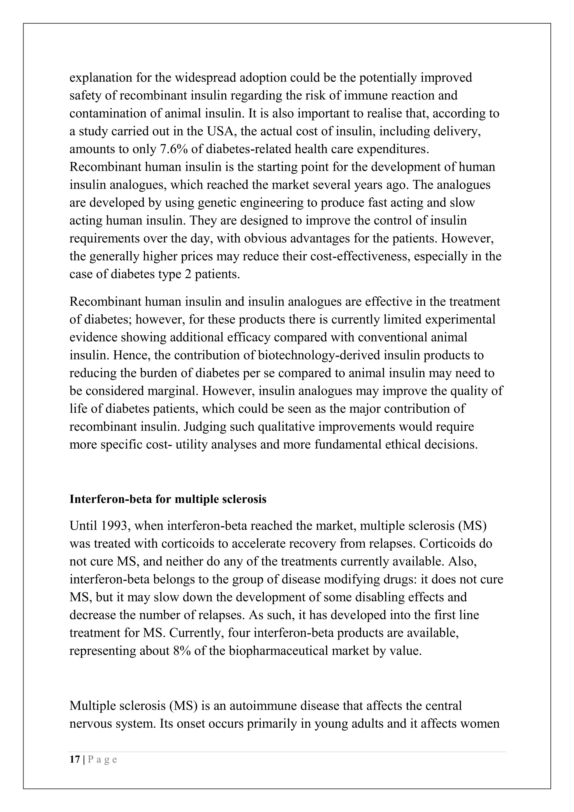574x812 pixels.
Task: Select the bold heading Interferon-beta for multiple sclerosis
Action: (168, 499)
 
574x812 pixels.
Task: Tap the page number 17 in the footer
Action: (75, 759)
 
